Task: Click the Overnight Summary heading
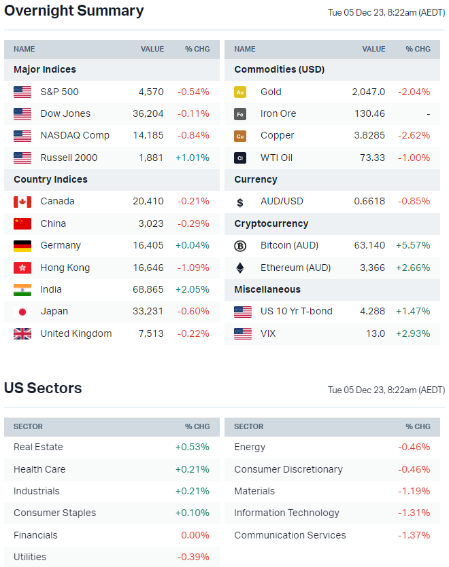pyautogui.click(x=74, y=11)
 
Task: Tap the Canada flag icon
pyautogui.click(x=22, y=202)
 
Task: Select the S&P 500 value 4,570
pyautogui.click(x=151, y=92)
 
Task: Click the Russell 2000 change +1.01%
pyautogui.click(x=193, y=158)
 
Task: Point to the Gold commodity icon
pyautogui.click(x=239, y=92)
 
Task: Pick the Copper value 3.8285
pyautogui.click(x=370, y=135)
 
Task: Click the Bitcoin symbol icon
pyautogui.click(x=239, y=246)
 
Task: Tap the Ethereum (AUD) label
pyautogui.click(x=295, y=268)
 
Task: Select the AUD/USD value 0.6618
pyautogui.click(x=369, y=202)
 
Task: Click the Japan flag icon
pyautogui.click(x=22, y=312)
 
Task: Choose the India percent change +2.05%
pyautogui.click(x=192, y=289)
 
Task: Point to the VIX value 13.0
pyautogui.click(x=376, y=333)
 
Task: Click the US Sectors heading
pyautogui.click(x=43, y=388)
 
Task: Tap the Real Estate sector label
pyautogui.click(x=38, y=447)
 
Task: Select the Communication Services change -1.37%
pyautogui.click(x=414, y=535)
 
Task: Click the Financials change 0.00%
pyautogui.click(x=195, y=535)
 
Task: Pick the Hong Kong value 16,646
pyautogui.click(x=148, y=268)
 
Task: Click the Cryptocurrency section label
pyautogui.click(x=271, y=223)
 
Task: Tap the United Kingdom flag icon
pyautogui.click(x=22, y=333)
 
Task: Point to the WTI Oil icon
pyautogui.click(x=239, y=158)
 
